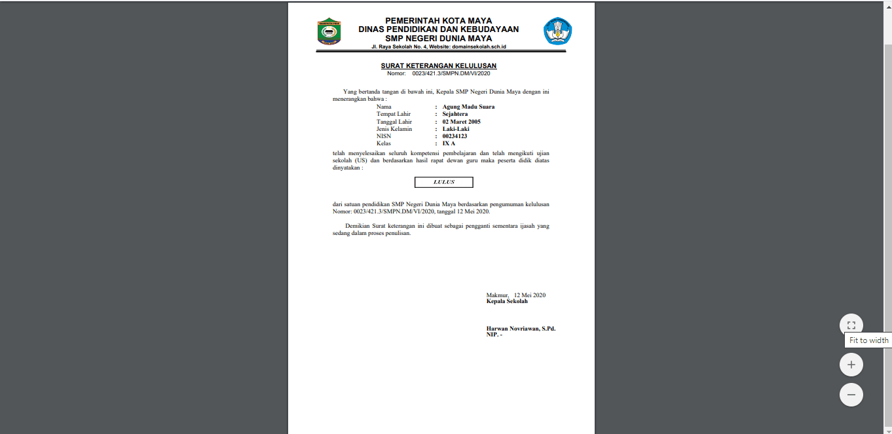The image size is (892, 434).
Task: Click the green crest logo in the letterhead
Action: (x=329, y=31)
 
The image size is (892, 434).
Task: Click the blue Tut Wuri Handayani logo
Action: (x=557, y=31)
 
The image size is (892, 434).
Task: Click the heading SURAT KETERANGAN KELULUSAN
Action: (x=439, y=66)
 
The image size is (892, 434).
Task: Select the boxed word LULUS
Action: (x=443, y=182)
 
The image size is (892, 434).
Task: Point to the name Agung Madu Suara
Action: (x=468, y=107)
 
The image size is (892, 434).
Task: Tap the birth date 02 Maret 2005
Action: (x=461, y=122)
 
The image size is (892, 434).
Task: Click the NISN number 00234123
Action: (x=455, y=136)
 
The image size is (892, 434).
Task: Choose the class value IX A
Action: (x=449, y=143)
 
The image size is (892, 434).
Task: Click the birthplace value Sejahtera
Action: (x=455, y=114)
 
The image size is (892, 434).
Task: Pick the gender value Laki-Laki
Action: (x=456, y=129)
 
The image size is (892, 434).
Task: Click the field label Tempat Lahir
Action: (x=394, y=114)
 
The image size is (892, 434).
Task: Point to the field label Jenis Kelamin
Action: (x=394, y=129)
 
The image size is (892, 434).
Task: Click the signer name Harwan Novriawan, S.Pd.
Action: (x=521, y=329)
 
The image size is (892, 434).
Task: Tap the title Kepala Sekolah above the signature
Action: (x=507, y=301)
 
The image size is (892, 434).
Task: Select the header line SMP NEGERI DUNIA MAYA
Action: (x=439, y=39)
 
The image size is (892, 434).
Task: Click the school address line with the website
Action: (x=438, y=47)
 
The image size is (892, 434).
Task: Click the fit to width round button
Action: (x=851, y=325)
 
